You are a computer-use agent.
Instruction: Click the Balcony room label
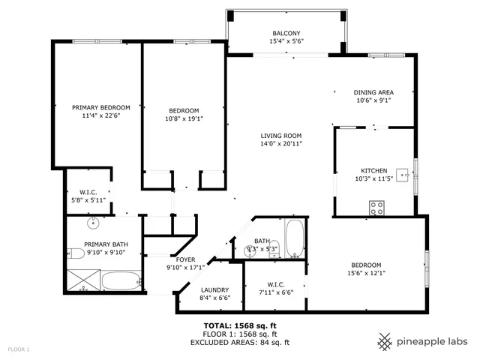coord(286,33)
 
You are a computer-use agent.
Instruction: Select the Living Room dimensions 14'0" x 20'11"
coord(281,143)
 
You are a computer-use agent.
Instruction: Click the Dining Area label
coord(373,92)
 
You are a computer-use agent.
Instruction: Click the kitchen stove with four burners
coord(376,208)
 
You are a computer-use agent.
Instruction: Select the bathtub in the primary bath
coord(121,282)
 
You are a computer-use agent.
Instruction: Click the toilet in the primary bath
coord(74,253)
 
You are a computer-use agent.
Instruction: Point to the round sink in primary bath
coord(94,223)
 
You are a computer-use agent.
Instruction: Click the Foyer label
coord(185,259)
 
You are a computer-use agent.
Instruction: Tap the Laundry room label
coord(215,290)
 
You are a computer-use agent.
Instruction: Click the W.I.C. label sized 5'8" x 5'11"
coord(88,192)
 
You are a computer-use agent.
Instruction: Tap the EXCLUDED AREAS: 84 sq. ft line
coord(239,342)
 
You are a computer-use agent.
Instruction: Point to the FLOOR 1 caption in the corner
coord(19,349)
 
